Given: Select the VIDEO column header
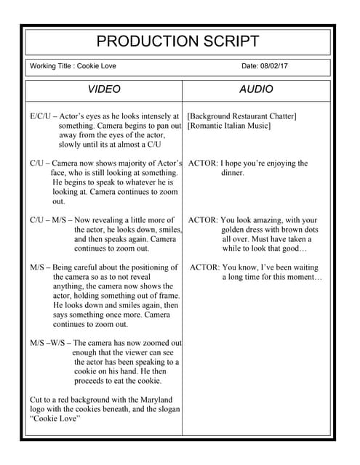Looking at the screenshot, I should (x=105, y=90).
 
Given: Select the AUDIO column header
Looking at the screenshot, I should (x=256, y=90).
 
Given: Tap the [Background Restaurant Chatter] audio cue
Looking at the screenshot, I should (x=241, y=116).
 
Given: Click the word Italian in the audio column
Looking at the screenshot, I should (x=239, y=126).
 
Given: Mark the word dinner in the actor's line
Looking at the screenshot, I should (x=233, y=174).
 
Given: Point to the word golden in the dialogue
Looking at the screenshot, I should (x=233, y=230).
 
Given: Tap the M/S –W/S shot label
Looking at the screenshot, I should (x=49, y=343).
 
